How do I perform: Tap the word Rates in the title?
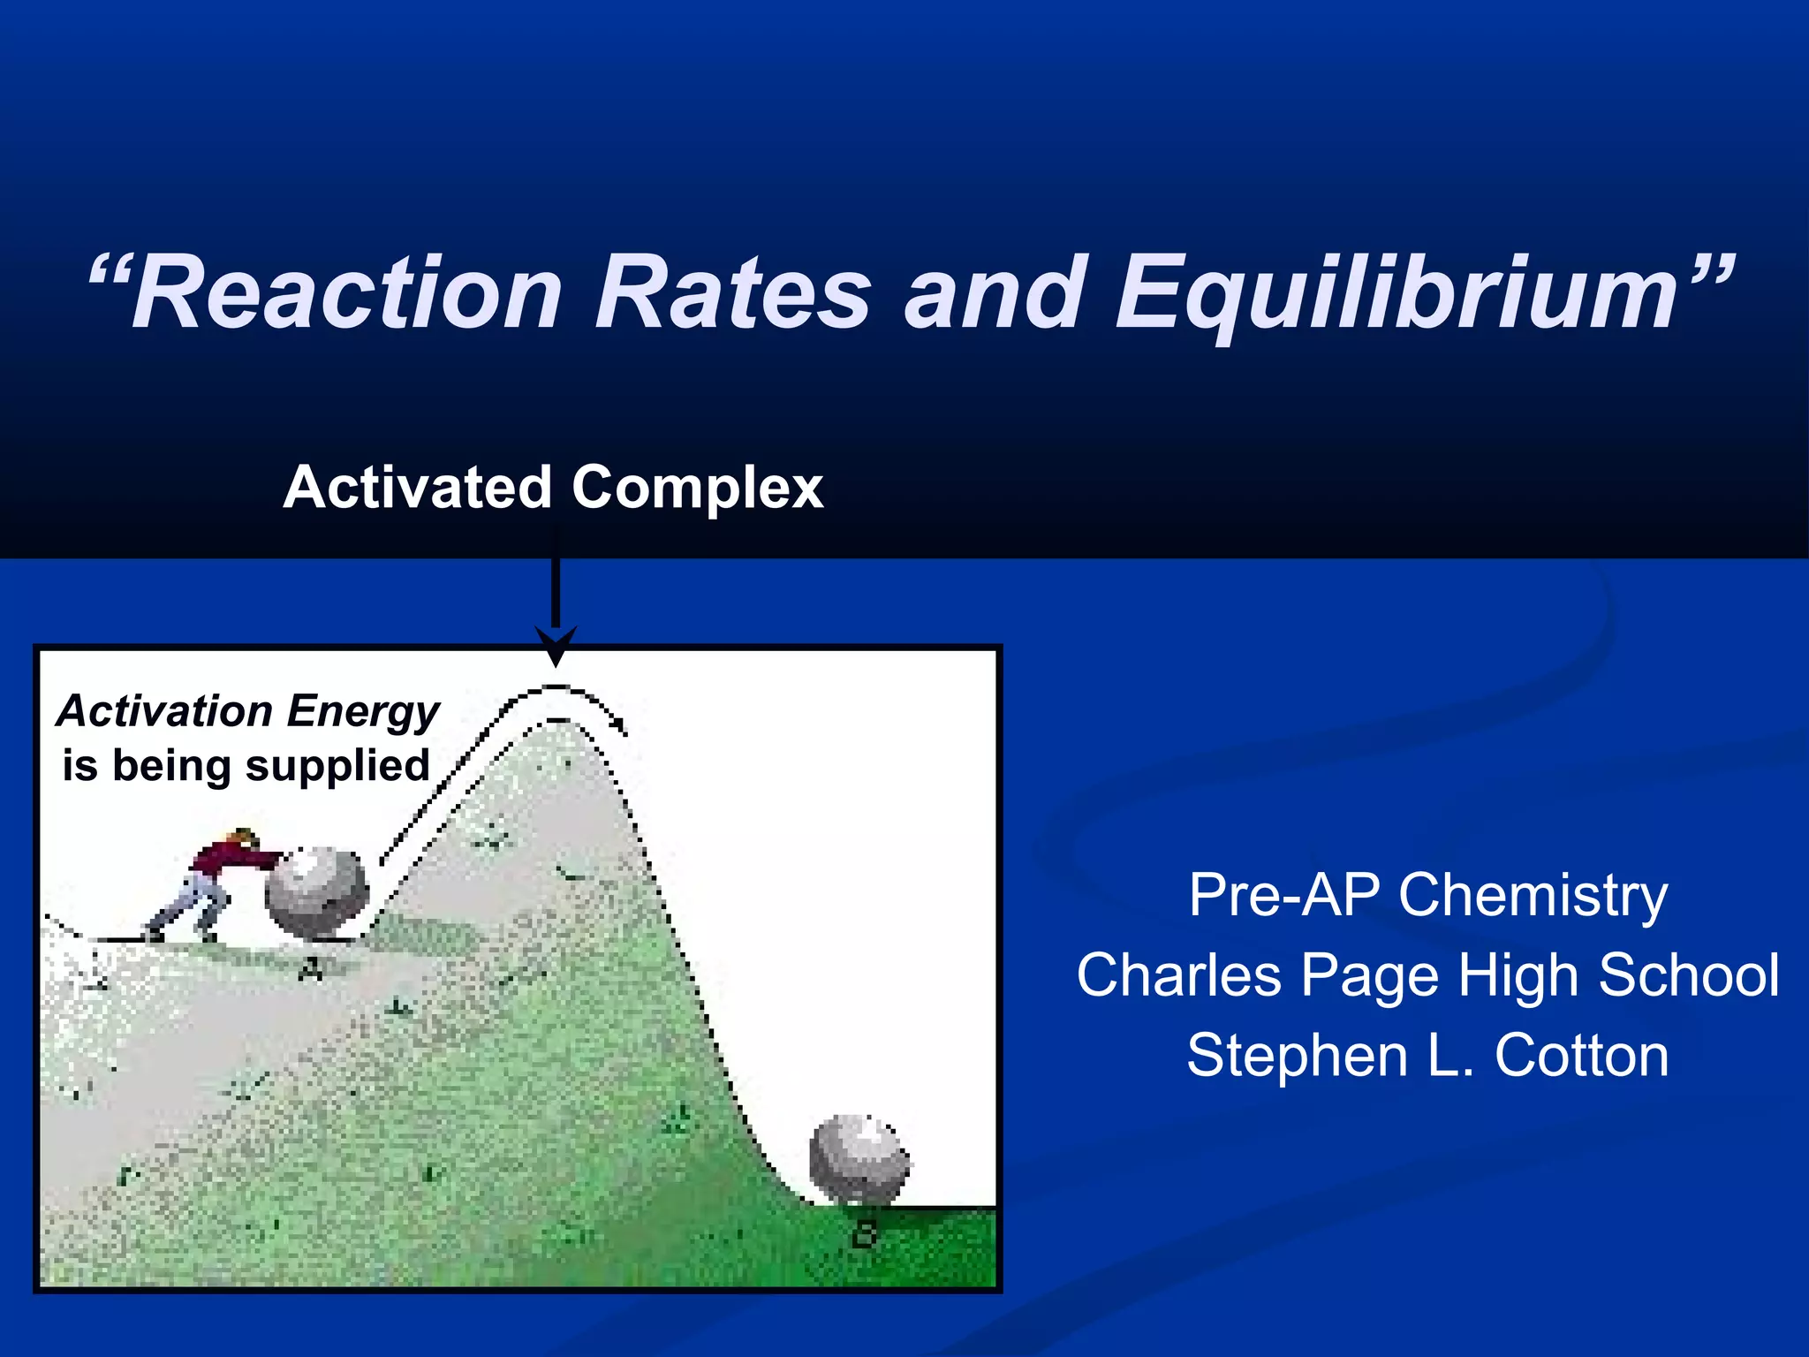pyautogui.click(x=733, y=294)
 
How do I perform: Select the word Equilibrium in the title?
pyautogui.click(x=1396, y=294)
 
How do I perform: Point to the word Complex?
pyautogui.click(x=697, y=488)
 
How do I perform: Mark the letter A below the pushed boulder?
pyautogui.click(x=311, y=970)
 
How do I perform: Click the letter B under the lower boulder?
pyautogui.click(x=865, y=1234)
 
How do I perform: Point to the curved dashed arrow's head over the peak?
pyautogui.click(x=620, y=726)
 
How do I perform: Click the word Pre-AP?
pyautogui.click(x=1284, y=896)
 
